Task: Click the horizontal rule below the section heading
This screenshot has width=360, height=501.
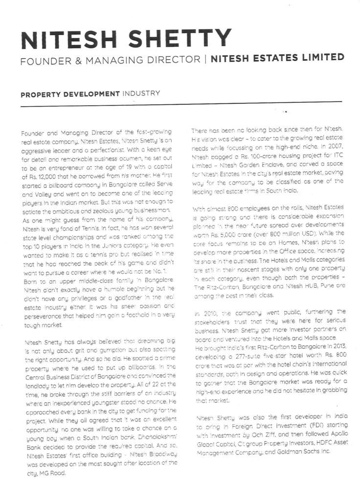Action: click(x=181, y=102)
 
